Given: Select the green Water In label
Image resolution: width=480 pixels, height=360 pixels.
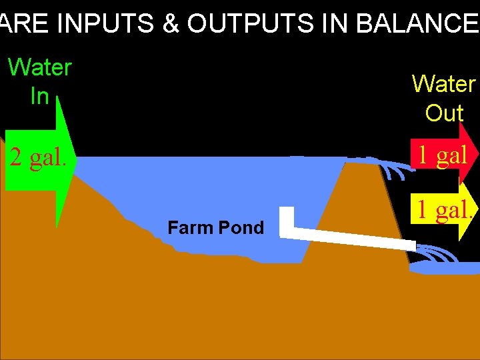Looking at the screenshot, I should tap(39, 81).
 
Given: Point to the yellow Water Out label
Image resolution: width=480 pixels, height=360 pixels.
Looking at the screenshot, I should tap(443, 98).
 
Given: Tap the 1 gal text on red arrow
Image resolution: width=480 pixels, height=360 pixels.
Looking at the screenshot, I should tap(442, 155).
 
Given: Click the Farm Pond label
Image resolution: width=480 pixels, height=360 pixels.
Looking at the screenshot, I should tap(215, 228).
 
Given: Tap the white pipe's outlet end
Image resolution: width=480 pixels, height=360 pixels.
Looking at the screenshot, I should tap(408, 244).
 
